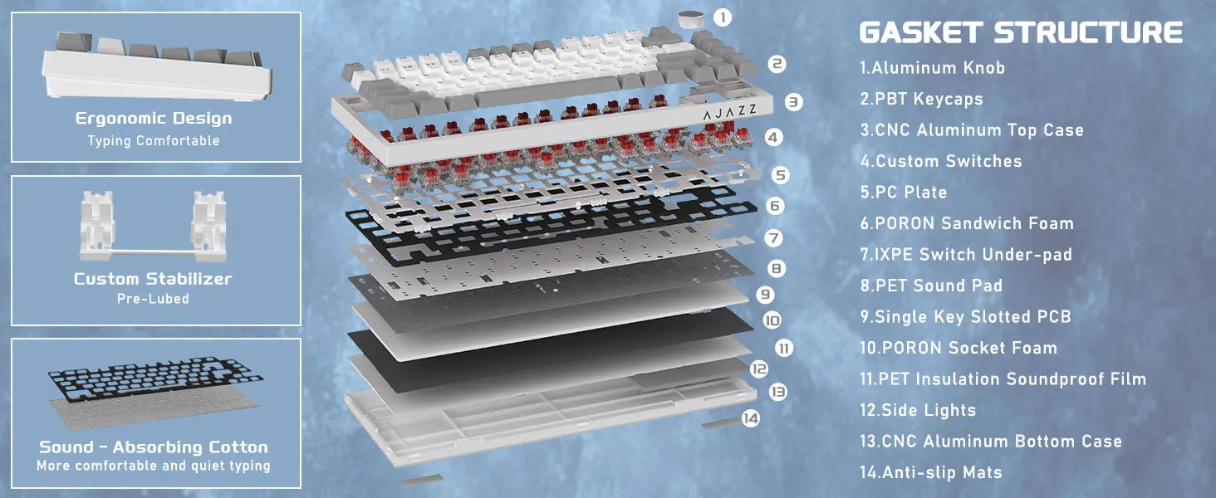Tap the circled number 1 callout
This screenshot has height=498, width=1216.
722,17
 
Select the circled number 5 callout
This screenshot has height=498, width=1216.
780,174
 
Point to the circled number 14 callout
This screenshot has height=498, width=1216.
751,417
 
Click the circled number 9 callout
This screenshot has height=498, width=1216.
765,294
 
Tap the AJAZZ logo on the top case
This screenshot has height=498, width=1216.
729,112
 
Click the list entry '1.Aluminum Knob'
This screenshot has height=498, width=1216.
932,68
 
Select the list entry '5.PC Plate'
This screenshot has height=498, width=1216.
904,192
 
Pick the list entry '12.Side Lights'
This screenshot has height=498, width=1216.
918,410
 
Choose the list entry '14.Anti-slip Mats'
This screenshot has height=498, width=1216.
931,472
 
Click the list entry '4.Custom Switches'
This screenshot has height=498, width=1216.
941,161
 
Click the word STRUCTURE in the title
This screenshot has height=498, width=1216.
1088,32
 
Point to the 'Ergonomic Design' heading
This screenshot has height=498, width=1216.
154,118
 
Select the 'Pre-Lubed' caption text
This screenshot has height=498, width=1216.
153,299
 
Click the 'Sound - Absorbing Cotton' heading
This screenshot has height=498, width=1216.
154,447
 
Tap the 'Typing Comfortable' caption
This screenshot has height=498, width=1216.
154,140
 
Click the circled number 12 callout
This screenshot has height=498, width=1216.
759,369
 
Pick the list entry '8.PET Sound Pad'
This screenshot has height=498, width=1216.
931,286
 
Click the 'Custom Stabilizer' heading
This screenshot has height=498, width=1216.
153,279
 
